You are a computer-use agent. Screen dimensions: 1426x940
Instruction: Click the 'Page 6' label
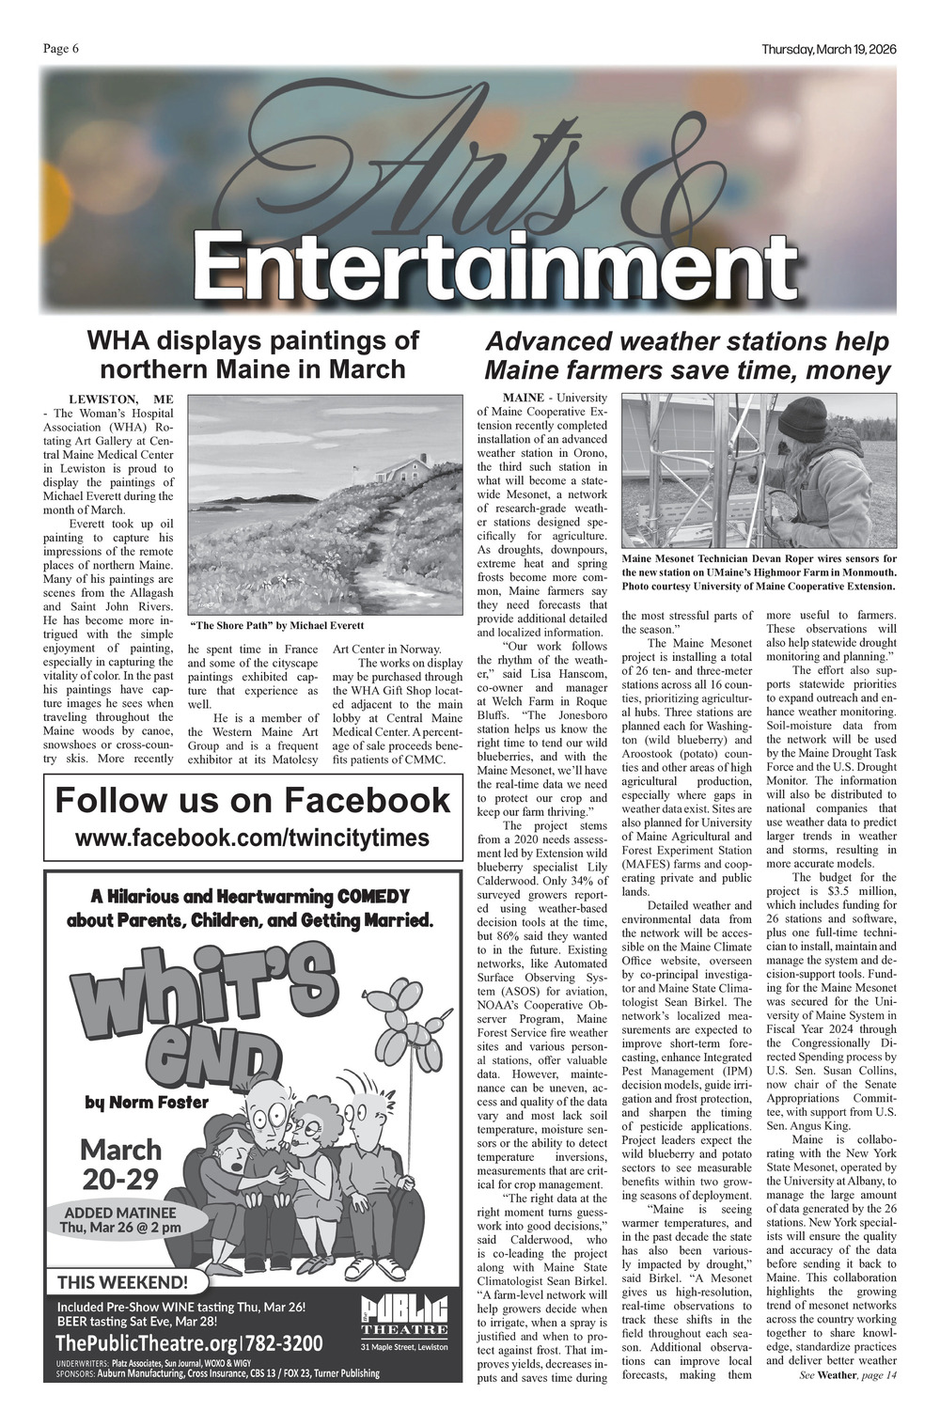(61, 50)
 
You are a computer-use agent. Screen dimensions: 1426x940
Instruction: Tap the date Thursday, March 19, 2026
(828, 50)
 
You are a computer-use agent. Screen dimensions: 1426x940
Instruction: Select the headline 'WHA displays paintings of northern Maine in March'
(253, 354)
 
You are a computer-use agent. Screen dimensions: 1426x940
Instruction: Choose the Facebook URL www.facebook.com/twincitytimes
(252, 838)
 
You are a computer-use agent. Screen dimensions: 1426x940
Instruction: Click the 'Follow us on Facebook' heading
(252, 801)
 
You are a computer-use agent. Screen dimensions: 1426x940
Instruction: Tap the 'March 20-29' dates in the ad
(121, 1164)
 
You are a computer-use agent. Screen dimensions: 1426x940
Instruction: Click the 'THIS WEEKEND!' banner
(123, 1281)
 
